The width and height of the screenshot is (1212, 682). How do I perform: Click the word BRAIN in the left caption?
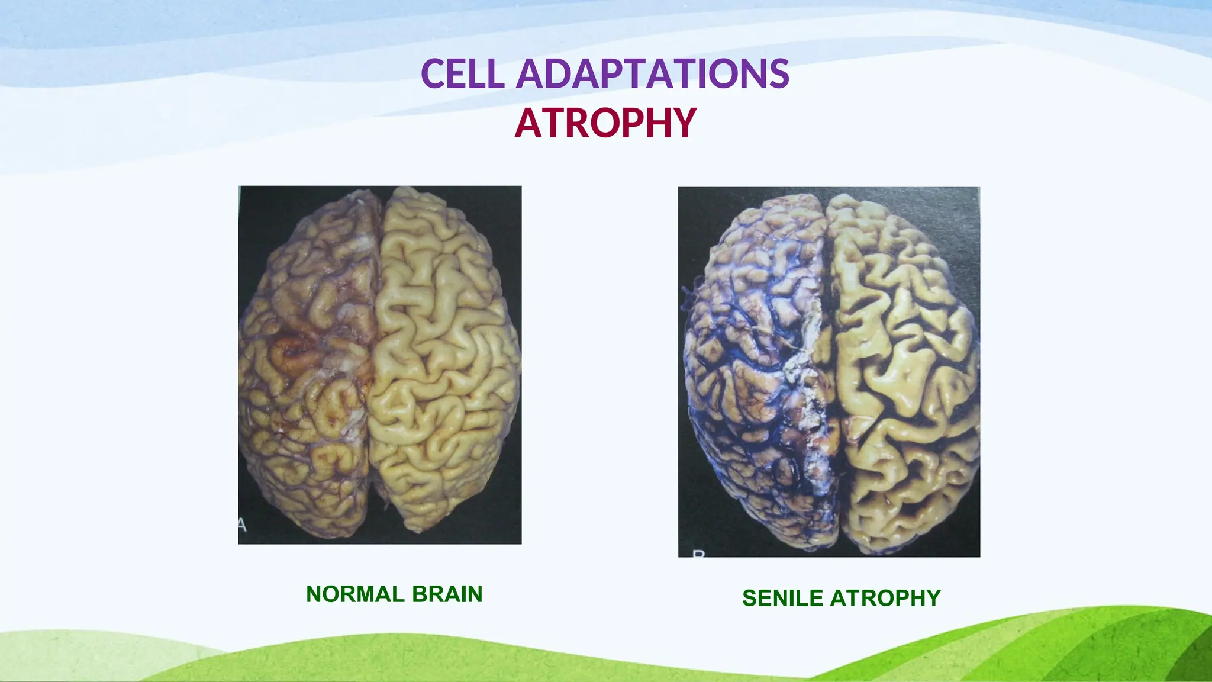pyautogui.click(x=447, y=594)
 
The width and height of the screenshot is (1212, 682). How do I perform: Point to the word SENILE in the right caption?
pyautogui.click(x=782, y=599)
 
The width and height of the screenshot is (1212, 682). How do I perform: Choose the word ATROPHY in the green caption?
pyautogui.click(x=885, y=599)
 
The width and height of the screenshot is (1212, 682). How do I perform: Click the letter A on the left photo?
pyautogui.click(x=241, y=525)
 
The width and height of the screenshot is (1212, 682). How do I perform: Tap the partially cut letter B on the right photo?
pyautogui.click(x=699, y=554)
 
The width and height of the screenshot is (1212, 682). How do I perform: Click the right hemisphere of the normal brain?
pyautogui.click(x=444, y=355)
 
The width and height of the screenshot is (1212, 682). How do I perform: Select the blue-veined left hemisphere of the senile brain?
pyautogui.click(x=752, y=367)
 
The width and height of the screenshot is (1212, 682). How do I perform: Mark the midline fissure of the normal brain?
pyautogui.click(x=374, y=355)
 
